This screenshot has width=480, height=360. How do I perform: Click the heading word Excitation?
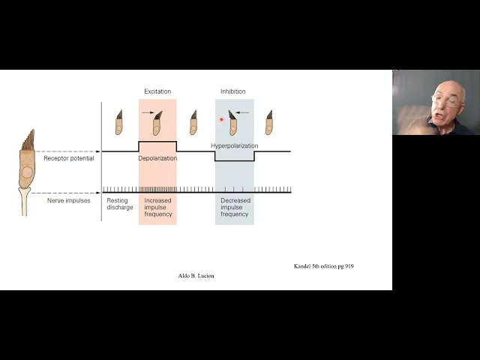tap(157, 91)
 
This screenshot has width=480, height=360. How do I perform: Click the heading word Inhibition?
tap(232, 91)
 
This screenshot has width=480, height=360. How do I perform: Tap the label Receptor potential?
tap(69, 158)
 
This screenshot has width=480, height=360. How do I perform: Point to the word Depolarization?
tap(157, 159)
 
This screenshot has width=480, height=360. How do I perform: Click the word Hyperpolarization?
tap(234, 145)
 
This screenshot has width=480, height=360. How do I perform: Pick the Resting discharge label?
tap(119, 204)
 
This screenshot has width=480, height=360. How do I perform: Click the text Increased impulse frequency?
tap(157, 207)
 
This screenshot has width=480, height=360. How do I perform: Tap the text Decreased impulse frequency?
tap(234, 207)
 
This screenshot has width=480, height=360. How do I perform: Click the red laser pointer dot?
tap(221, 119)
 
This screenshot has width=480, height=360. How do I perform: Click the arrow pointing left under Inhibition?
tap(243, 113)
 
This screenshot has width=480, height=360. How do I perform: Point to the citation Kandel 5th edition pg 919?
tap(323, 266)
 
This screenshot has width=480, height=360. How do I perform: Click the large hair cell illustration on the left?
tap(27, 176)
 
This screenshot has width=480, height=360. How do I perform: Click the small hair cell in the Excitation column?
tap(157, 123)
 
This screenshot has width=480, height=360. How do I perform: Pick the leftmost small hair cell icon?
tap(118, 123)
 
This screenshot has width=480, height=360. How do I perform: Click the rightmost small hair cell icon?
tap(268, 123)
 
